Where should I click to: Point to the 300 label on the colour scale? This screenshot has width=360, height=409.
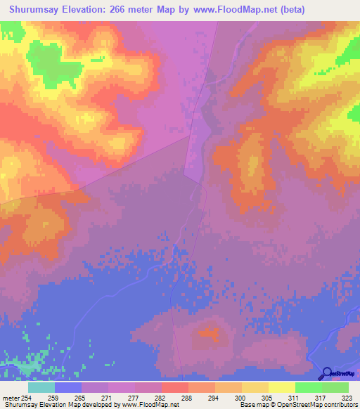pos(241,398)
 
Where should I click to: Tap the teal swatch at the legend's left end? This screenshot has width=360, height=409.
pos(41,387)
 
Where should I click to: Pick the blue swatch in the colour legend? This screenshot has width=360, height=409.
pos(68,387)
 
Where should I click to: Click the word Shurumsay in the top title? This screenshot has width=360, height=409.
pos(39,10)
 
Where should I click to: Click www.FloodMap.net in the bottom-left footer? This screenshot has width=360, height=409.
pos(147,405)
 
